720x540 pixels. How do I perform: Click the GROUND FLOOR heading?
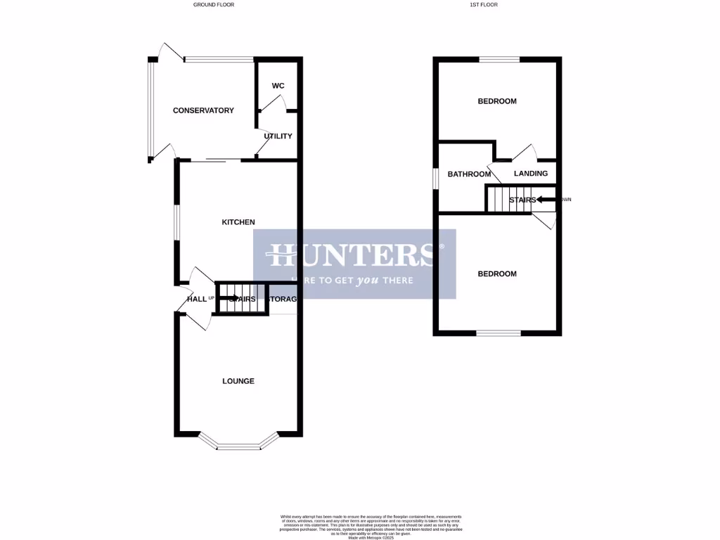[214, 4]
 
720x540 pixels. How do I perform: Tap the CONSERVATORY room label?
[203, 110]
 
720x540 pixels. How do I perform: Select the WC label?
[278, 86]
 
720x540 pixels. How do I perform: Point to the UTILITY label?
[278, 136]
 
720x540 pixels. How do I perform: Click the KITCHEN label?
[238, 222]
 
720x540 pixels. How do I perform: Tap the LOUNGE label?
[238, 381]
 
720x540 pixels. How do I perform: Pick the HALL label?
[196, 300]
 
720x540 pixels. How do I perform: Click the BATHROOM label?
[469, 174]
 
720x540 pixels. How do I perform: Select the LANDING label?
[531, 174]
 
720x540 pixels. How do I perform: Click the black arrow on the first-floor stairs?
[546, 200]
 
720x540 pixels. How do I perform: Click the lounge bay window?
[238, 444]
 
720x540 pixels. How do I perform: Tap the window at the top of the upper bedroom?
[499, 59]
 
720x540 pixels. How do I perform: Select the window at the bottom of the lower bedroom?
[499, 333]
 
